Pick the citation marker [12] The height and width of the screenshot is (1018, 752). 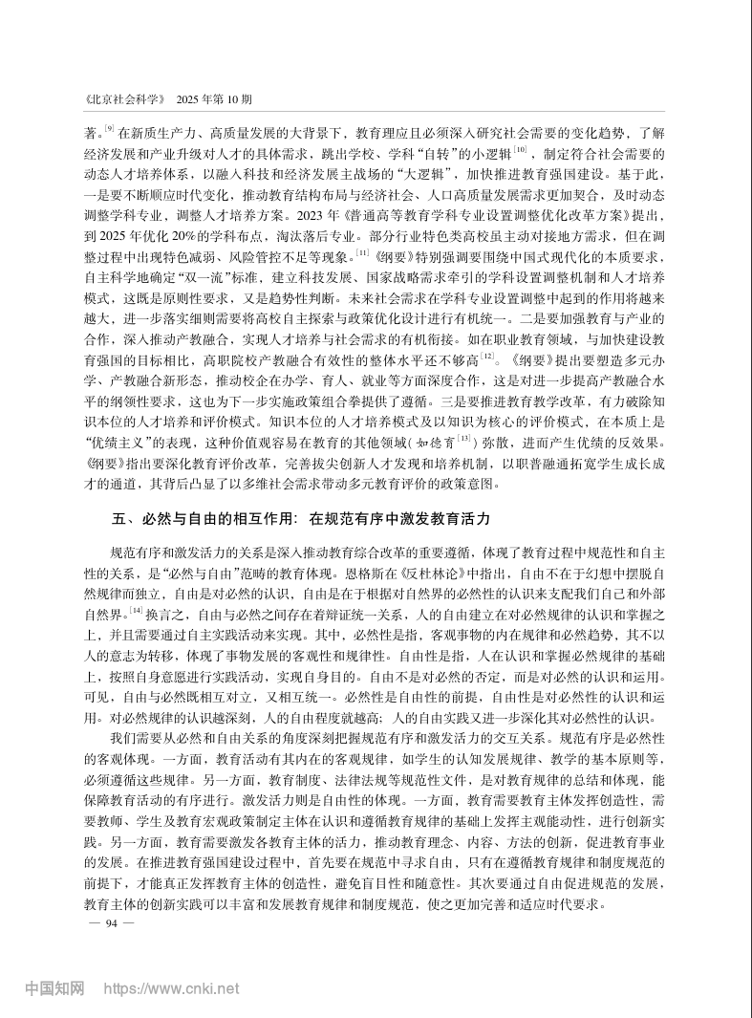click(x=488, y=357)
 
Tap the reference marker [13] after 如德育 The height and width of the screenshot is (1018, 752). click(x=465, y=441)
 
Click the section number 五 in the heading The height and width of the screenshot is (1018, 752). click(x=118, y=520)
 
